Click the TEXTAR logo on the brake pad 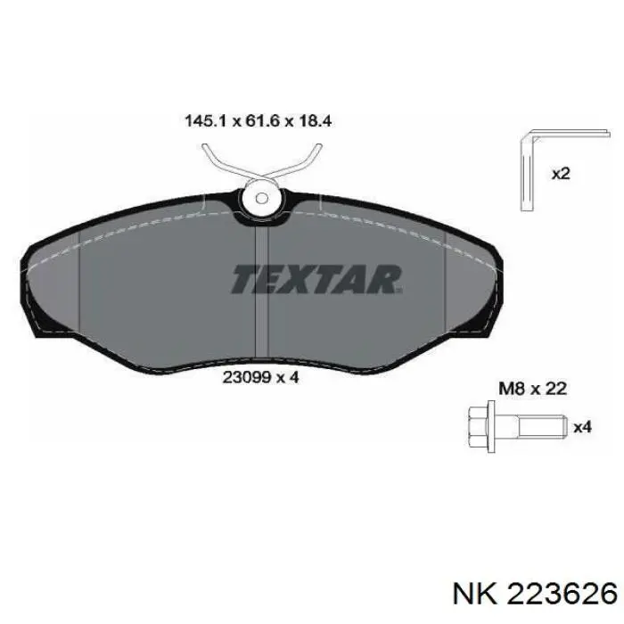(317, 279)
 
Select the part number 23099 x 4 (259, 376)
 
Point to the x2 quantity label (561, 175)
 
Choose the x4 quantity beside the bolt (582, 428)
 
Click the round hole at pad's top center (262, 197)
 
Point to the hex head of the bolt (480, 427)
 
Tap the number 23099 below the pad (242, 376)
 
